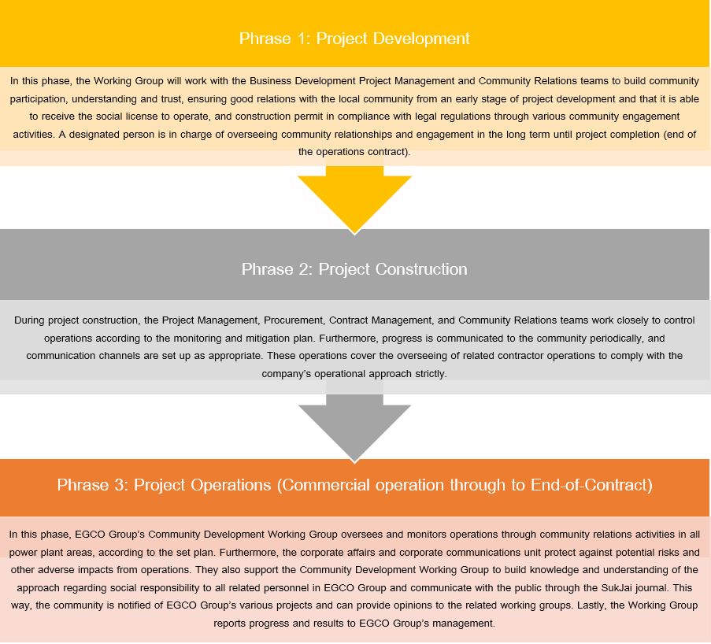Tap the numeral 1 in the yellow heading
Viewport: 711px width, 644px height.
tap(302, 39)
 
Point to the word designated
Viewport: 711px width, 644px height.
tap(89, 135)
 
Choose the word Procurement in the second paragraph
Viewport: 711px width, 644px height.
tap(294, 320)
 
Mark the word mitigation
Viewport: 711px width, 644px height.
tap(268, 339)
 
